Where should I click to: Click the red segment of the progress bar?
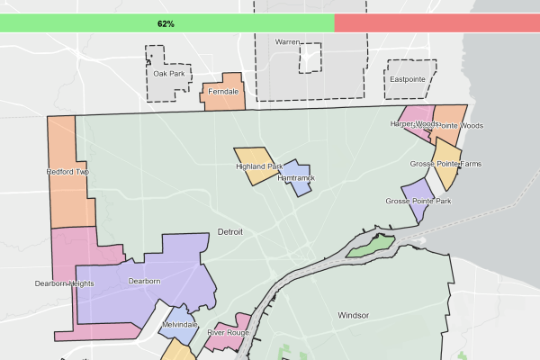point(436,22)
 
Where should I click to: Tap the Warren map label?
point(287,42)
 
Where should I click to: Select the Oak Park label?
point(168,74)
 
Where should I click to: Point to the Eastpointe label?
point(407,79)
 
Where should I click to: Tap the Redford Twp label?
point(67,171)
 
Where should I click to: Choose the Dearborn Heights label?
point(64,283)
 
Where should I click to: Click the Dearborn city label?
point(144,281)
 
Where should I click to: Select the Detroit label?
point(230,232)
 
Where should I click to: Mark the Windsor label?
point(354,315)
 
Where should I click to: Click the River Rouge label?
point(228,332)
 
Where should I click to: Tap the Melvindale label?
point(179,324)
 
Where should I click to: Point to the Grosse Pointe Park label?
point(418,201)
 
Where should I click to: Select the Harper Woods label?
point(414,123)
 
